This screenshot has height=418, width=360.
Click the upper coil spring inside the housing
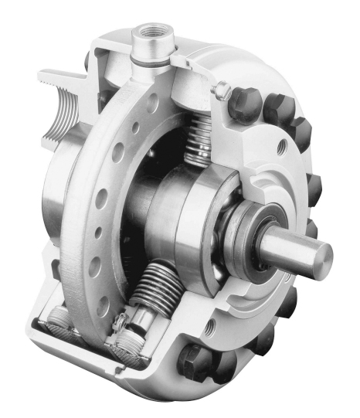[199, 144]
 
